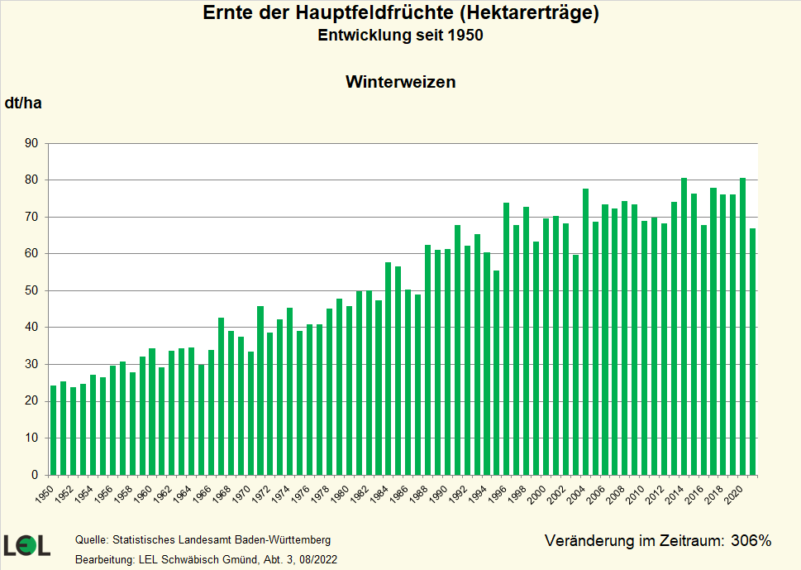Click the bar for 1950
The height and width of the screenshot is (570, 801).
point(54,430)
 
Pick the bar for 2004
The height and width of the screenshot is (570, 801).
point(585,332)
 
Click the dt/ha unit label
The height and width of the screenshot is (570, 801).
point(23,103)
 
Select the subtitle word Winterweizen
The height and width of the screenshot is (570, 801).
point(400,82)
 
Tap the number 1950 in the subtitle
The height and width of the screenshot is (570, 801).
point(465,36)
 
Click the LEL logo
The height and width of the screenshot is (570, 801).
point(26,545)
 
